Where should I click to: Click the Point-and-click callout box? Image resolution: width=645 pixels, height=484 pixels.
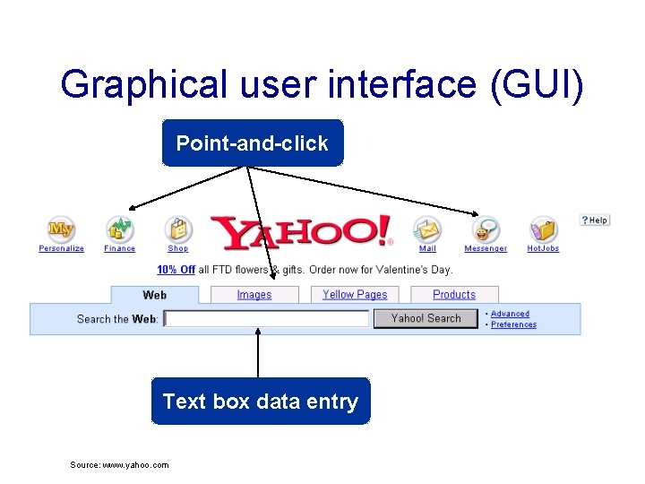252,143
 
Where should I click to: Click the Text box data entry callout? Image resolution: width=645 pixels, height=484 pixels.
260,402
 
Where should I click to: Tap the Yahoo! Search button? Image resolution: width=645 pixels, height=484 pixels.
426,318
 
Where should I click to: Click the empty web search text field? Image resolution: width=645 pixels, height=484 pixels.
266,318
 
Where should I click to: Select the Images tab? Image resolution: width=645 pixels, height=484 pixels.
254,295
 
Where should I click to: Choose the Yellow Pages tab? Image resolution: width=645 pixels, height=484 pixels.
355,295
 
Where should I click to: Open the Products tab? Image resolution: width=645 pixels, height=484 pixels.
454,295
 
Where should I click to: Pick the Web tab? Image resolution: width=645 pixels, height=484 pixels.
155,295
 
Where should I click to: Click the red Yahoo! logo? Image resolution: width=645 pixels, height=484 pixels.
301,232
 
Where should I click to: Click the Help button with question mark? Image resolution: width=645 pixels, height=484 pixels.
595,220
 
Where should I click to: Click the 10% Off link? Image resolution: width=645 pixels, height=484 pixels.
176,270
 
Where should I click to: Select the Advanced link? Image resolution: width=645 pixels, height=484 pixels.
510,314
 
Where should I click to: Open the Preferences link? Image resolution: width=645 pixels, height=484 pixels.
513,324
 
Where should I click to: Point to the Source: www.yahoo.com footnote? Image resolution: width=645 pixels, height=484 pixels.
119,464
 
